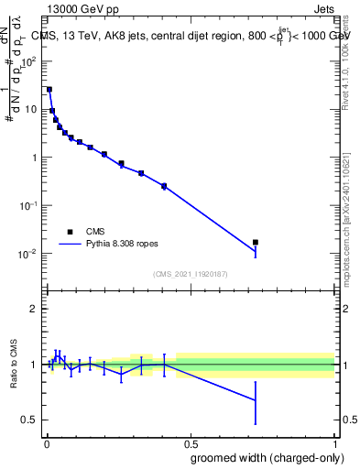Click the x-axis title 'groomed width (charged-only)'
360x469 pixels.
coord(267,456)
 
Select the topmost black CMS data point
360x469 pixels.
coord(49,90)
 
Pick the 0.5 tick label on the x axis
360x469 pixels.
coord(191,442)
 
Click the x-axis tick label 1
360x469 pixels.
coord(335,442)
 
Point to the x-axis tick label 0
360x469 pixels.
coord(46,442)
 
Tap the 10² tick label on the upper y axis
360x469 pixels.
coord(29,60)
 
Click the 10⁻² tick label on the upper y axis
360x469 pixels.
coord(29,254)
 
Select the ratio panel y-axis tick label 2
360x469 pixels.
coord(34,309)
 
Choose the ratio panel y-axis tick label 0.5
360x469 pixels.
coord(30,420)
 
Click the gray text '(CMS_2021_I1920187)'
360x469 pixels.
coord(191,274)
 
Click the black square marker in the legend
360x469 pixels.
coord(70,232)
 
